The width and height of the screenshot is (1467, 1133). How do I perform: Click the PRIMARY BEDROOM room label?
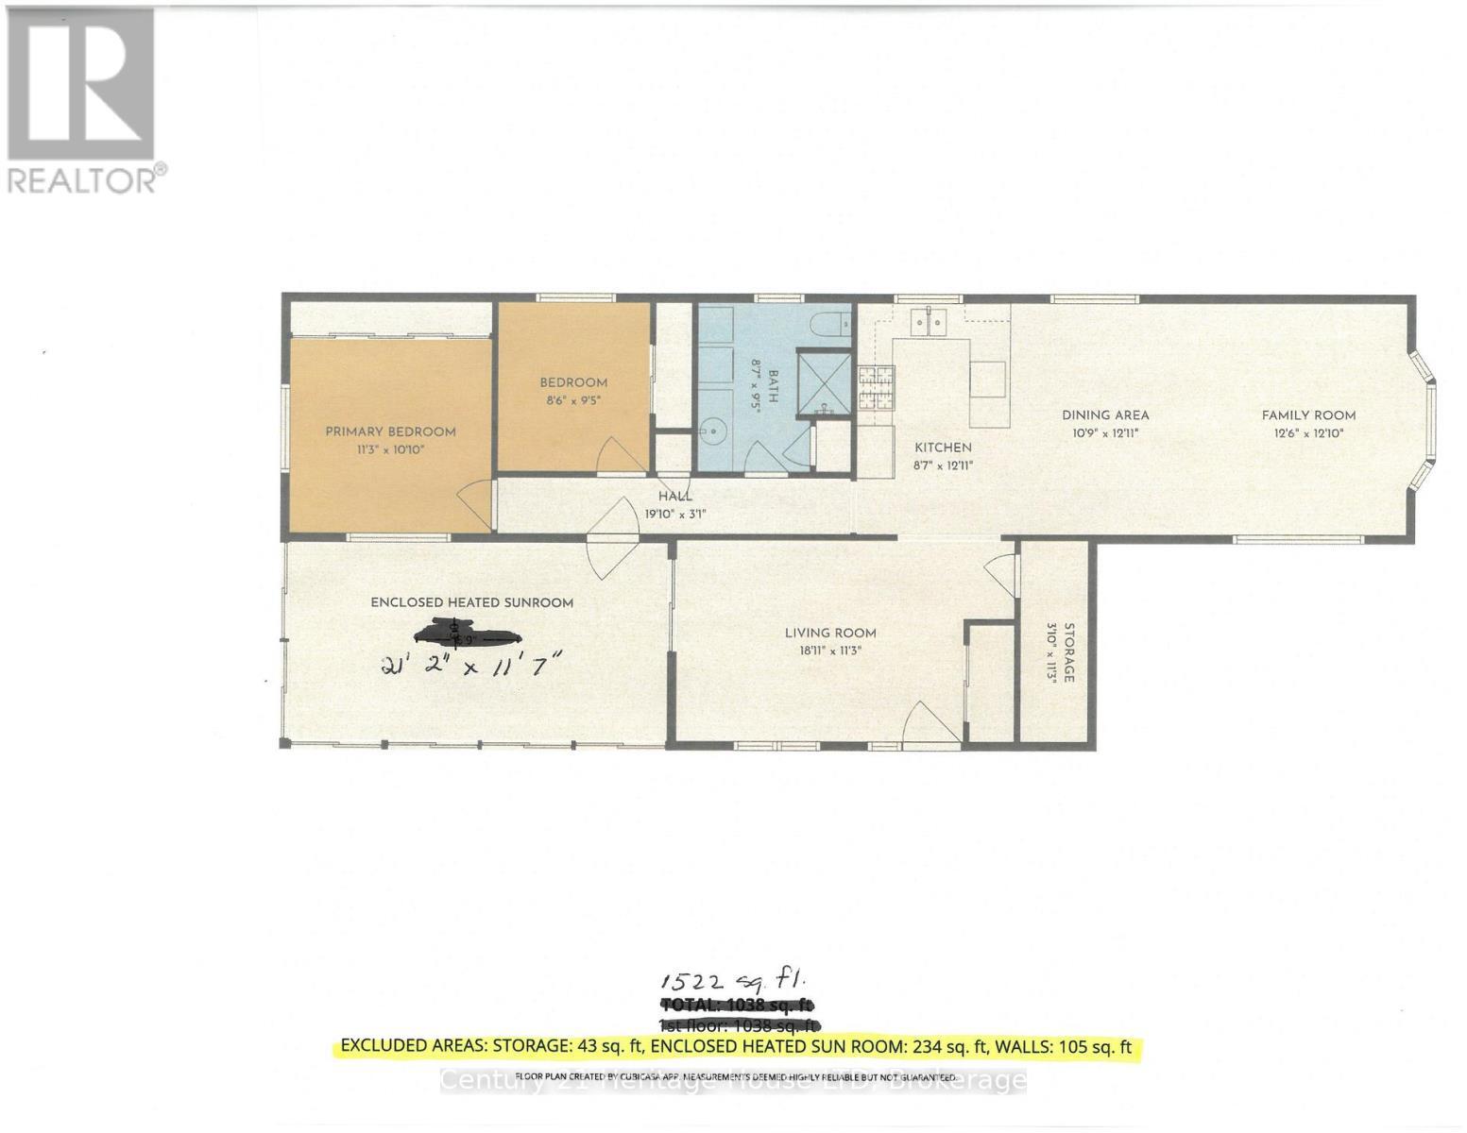(x=390, y=431)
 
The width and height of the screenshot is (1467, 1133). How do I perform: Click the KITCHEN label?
(x=942, y=448)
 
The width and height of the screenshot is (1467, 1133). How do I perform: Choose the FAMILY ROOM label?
(x=1308, y=414)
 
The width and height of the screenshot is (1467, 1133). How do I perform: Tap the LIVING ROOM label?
(x=830, y=633)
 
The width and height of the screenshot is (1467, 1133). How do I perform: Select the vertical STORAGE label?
(x=1069, y=651)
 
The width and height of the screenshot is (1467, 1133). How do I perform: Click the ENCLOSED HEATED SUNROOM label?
(x=471, y=602)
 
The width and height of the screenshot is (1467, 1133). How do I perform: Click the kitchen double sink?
(x=928, y=322)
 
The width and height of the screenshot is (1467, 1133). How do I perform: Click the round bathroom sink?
(x=717, y=432)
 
